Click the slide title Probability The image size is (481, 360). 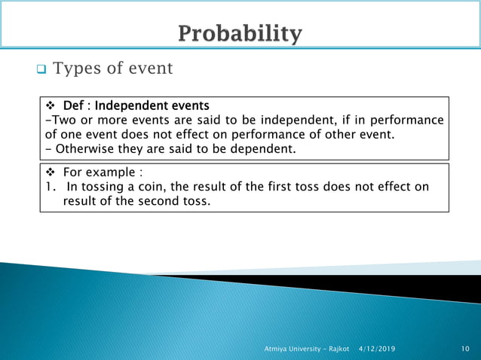pyautogui.click(x=240, y=34)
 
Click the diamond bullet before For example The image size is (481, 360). pyautogui.click(x=53, y=171)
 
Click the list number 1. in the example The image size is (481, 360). pyautogui.click(x=50, y=187)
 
